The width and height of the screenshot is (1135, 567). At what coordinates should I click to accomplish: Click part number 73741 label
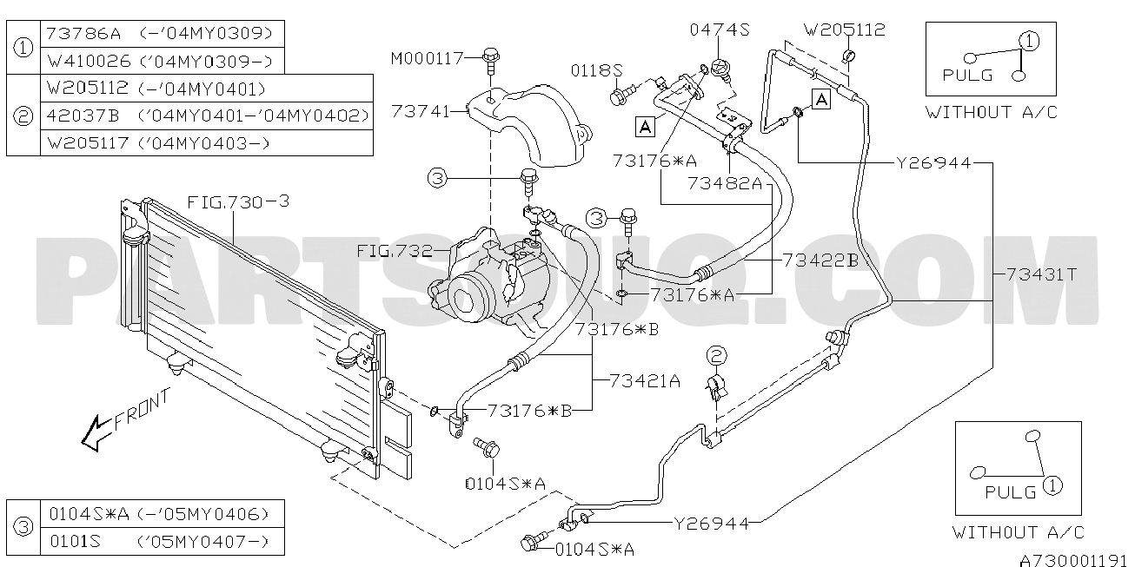(x=420, y=111)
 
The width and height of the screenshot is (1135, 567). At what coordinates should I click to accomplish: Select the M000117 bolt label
(x=427, y=59)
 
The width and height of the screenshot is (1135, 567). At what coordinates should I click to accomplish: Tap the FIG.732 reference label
(x=395, y=251)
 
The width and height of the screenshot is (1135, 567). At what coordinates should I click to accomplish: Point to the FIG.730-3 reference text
(x=238, y=202)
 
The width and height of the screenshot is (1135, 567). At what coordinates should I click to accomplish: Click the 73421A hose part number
(x=645, y=380)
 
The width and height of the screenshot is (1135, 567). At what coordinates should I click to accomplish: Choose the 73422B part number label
(x=820, y=260)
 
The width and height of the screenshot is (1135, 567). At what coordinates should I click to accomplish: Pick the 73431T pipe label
(x=1041, y=274)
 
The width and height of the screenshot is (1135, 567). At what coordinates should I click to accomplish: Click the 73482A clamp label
(x=725, y=183)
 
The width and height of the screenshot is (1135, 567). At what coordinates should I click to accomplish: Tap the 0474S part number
(x=720, y=30)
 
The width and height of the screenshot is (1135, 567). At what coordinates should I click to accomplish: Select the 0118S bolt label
(x=597, y=70)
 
